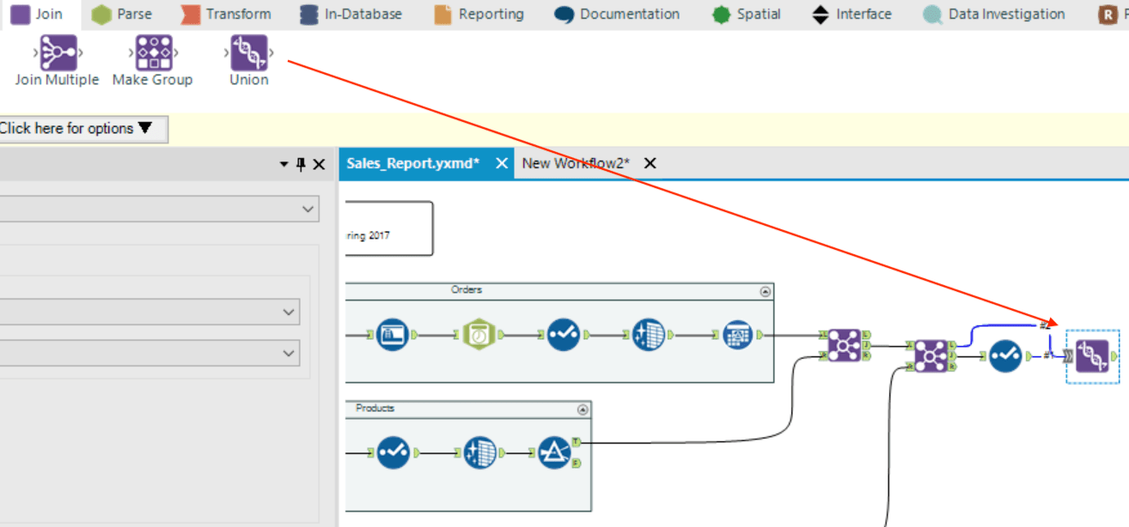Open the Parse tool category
(121, 15)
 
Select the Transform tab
(227, 15)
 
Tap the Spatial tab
(747, 15)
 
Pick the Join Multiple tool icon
(58, 54)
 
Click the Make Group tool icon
(153, 54)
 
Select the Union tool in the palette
(249, 54)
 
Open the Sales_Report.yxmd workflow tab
(413, 163)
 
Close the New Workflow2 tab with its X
(650, 163)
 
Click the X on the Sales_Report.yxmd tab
(502, 163)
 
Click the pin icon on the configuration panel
(301, 164)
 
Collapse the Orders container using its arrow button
(766, 292)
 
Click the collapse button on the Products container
(583, 409)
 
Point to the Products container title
(375, 409)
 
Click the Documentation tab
(619, 15)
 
